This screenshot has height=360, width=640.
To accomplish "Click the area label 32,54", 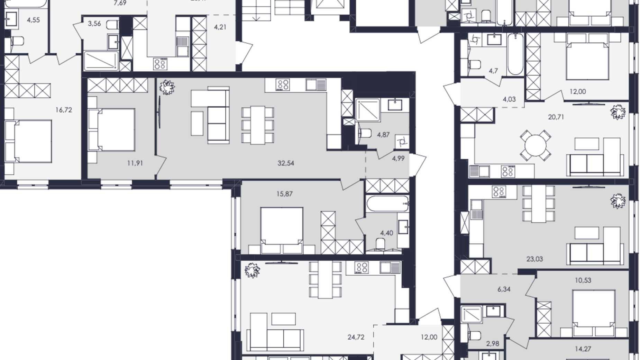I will [x=286, y=163].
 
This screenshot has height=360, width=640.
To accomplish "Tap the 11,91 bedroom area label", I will [x=135, y=163].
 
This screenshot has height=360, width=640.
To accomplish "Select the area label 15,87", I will [x=284, y=194].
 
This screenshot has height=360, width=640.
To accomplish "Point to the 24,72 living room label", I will [x=356, y=337].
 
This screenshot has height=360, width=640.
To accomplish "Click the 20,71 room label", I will [x=556, y=117].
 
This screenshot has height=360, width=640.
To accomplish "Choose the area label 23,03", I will [x=534, y=259].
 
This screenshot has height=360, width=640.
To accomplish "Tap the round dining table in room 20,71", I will [x=535, y=145].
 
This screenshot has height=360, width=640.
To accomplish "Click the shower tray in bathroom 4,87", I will [x=368, y=110].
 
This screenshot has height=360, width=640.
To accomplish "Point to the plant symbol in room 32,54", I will [x=167, y=87].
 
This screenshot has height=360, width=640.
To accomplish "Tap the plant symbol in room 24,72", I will [x=252, y=270].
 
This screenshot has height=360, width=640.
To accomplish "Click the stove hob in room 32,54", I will [x=283, y=85].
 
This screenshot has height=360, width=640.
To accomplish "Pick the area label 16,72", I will [x=64, y=110].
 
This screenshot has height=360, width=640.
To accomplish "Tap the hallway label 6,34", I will [x=504, y=289].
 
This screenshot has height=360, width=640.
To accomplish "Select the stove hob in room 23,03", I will [x=499, y=191].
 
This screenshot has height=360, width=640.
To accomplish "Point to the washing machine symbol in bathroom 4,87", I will [x=402, y=142].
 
